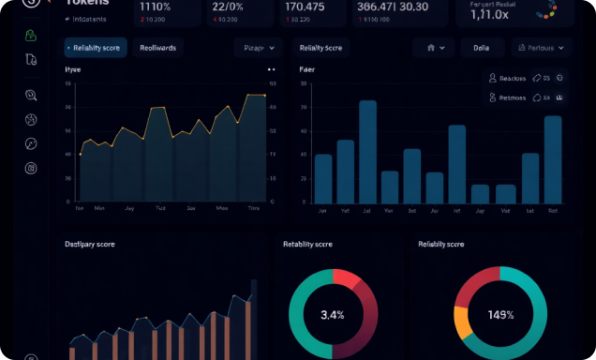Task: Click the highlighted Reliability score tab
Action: [x=96, y=48]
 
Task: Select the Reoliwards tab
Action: [x=157, y=48]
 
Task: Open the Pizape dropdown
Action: [x=258, y=48]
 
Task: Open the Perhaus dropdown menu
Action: [x=541, y=48]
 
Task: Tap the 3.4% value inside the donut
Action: [x=333, y=315]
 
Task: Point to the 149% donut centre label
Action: [x=499, y=315]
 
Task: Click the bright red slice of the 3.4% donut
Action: [x=347, y=278]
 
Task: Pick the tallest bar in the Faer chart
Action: [x=367, y=152]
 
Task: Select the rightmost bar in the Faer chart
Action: [x=553, y=159]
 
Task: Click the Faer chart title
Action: [x=306, y=70]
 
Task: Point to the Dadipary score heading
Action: [x=90, y=245]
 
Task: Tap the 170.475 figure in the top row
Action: [x=305, y=7]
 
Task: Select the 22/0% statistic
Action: [x=228, y=7]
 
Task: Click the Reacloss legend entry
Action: [x=512, y=79]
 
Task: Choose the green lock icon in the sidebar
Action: [x=31, y=36]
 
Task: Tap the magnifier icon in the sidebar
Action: [x=31, y=95]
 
